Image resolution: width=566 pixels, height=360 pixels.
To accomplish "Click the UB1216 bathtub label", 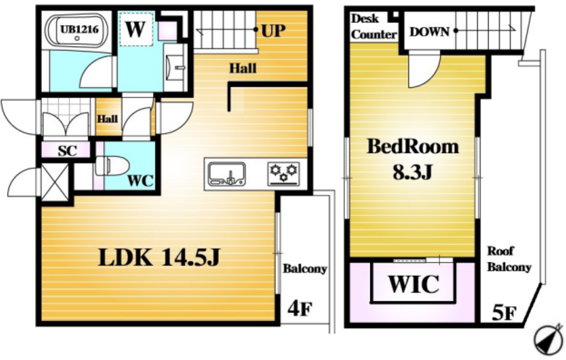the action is [x=79, y=29].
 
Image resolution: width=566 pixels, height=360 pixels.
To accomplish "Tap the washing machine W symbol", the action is [x=135, y=30].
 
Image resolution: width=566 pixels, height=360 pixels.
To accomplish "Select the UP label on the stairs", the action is [x=273, y=31].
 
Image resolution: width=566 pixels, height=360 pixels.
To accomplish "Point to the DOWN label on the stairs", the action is [x=430, y=32].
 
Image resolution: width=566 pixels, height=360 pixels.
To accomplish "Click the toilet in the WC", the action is [x=112, y=166].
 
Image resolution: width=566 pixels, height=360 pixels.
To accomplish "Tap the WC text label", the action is [x=140, y=181].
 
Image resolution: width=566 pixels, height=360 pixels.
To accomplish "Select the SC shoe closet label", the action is [x=68, y=150].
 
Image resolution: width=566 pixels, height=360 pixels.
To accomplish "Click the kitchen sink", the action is [x=227, y=174].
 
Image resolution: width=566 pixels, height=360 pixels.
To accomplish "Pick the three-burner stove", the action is [x=284, y=174].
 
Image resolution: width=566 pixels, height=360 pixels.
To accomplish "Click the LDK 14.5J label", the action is [x=159, y=258].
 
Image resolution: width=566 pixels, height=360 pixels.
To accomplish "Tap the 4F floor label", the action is [x=300, y=308].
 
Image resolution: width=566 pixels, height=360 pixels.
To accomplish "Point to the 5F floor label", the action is [x=504, y=313].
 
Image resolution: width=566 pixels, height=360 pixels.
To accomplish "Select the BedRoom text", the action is [x=413, y=147].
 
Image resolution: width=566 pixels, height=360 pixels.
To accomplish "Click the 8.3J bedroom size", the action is [x=412, y=173].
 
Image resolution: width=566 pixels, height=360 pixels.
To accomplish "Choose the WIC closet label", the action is [x=413, y=284].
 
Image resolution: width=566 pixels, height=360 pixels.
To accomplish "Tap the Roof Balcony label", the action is [x=509, y=259].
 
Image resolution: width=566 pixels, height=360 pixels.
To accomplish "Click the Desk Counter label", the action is [x=374, y=27].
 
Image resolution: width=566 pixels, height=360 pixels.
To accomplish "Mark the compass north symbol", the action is [x=549, y=339].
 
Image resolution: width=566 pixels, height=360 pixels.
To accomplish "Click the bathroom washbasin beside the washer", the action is [x=176, y=67].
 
